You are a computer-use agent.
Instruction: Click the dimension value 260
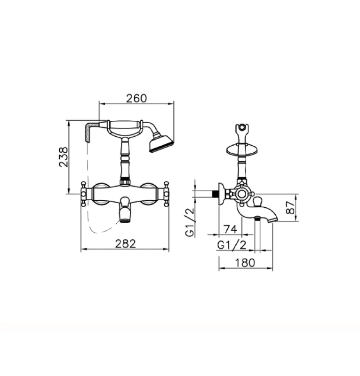pos(136,98)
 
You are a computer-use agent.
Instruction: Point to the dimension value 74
pos(230,229)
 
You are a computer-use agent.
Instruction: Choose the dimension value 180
pos(245,263)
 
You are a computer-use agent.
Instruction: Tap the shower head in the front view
pos(161,144)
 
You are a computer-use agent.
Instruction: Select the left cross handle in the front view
pos(84,193)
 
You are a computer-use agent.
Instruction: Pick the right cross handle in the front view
pos(166,193)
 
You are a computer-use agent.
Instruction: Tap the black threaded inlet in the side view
pos(216,193)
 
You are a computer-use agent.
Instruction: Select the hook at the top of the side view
pos(241,128)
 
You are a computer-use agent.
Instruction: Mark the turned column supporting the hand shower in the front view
pos(125,157)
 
